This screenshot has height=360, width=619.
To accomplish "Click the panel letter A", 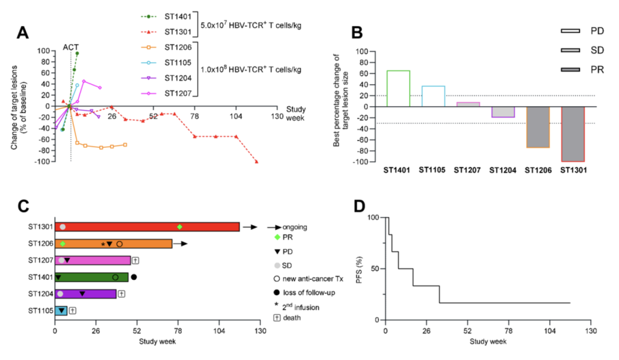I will (23, 32).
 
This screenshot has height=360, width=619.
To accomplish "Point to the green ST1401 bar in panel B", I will (398, 88).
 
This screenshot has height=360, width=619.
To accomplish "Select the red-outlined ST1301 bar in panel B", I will (573, 134).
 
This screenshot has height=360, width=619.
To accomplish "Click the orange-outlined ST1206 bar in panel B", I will (538, 127).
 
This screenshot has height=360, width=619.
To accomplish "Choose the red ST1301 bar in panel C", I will (147, 227).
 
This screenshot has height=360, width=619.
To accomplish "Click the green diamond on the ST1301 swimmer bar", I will (180, 227).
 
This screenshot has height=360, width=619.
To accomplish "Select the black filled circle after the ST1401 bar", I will (134, 277).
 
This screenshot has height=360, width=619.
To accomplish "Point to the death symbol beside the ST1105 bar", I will (73, 310).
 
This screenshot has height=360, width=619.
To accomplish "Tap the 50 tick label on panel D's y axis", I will (374, 269).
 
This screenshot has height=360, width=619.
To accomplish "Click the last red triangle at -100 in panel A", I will (256, 162).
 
